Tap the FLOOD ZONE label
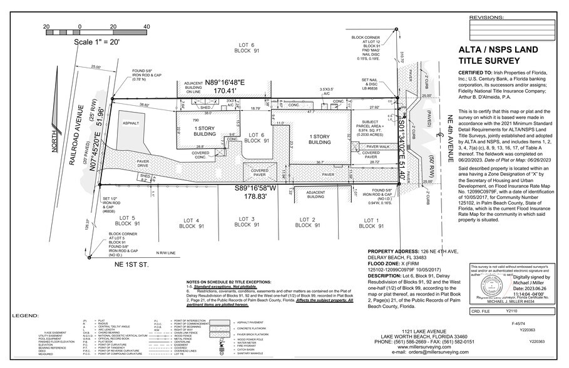386,263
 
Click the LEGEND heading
25,316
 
